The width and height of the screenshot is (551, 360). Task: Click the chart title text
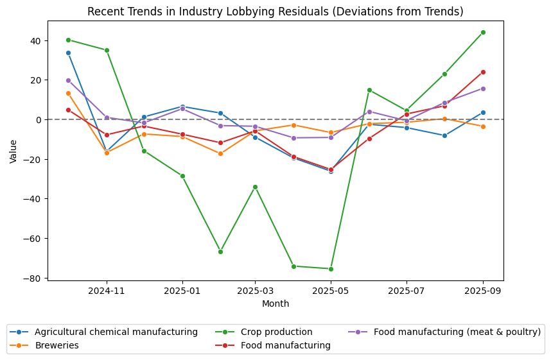(275, 12)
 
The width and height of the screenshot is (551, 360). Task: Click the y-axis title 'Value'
(13, 151)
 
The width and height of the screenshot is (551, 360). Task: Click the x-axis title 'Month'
(275, 304)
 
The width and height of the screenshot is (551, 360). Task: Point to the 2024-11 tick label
(107, 291)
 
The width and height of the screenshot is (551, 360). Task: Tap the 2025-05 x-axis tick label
(331, 291)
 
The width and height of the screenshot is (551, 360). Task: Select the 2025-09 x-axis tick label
(483, 291)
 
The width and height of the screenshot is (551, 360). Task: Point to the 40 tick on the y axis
(35, 40)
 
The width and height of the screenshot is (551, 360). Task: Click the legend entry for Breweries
(54, 345)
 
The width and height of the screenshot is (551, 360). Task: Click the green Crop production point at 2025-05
(331, 269)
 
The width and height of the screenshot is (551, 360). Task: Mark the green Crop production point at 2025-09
(483, 32)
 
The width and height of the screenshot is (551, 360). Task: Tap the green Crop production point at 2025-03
(255, 187)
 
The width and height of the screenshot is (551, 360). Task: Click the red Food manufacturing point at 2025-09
(483, 72)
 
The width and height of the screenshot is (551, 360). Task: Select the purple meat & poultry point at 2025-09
(483, 89)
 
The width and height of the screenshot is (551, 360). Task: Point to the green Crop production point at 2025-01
(182, 176)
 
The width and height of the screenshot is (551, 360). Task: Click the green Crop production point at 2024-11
(107, 50)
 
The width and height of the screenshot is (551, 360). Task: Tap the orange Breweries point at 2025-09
(483, 126)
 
